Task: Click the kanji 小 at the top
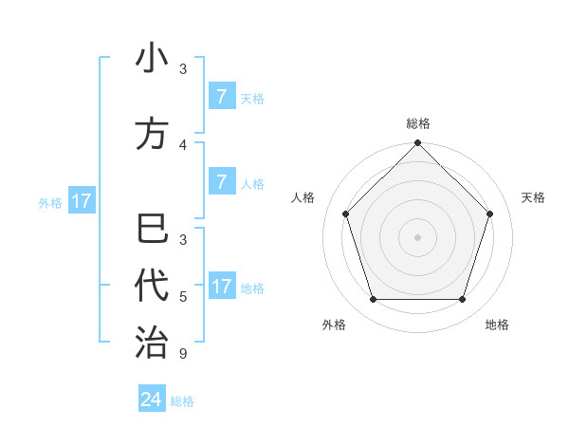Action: coord(152,59)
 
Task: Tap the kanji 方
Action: coord(152,134)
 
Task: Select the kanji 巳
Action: coord(152,232)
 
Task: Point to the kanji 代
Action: coord(152,285)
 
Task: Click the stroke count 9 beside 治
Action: coord(183,354)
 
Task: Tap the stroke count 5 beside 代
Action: coord(183,297)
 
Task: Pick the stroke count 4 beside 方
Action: coord(183,145)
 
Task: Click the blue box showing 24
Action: coord(152,400)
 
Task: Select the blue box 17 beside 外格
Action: coord(81,201)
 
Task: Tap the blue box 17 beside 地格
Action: coord(221,287)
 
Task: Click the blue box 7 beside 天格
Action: coord(221,97)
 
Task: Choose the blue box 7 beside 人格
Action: coord(221,182)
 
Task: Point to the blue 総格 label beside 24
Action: coord(182,401)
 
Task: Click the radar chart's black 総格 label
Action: coord(418,123)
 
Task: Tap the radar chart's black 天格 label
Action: coord(533,197)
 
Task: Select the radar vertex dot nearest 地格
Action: coord(462,300)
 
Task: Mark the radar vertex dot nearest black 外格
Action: coord(373,300)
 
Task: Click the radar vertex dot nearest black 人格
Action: coord(345,214)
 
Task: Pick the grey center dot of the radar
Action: coord(417,237)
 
